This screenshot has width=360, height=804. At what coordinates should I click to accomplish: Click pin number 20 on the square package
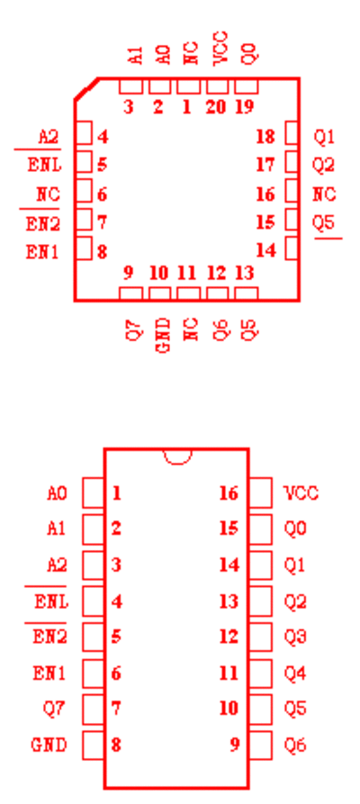tap(217, 106)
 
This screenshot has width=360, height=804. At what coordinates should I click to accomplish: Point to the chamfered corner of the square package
tap(86, 88)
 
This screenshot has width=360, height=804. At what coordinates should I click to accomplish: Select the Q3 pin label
tap(295, 637)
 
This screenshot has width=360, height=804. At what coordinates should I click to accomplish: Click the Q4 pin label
tap(295, 673)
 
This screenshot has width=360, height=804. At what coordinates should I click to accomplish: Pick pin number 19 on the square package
tap(245, 106)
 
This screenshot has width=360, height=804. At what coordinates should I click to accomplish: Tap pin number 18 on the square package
tap(265, 137)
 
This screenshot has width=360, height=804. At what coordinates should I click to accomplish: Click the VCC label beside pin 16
tap(301, 493)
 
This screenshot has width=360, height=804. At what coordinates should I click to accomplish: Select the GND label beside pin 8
tap(49, 745)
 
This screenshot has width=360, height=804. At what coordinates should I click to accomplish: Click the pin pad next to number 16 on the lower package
tap(260, 492)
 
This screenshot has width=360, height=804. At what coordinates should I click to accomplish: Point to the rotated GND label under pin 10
tap(162, 336)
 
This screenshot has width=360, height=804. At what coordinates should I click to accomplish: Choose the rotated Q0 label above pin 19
tap(248, 53)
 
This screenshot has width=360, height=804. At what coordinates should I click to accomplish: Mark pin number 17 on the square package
tap(265, 165)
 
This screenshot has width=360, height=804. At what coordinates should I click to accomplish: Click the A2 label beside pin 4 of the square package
tap(49, 137)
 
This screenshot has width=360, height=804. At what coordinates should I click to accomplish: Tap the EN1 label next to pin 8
tap(42, 252)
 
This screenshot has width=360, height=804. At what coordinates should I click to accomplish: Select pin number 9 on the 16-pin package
tap(234, 745)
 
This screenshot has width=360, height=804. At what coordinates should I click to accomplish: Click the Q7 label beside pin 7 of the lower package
tap(54, 709)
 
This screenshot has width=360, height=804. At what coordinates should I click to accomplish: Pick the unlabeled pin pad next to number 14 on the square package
tap(292, 248)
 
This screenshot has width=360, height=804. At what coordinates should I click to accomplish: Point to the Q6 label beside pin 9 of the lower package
tap(295, 745)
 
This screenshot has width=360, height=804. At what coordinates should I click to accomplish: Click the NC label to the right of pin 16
tap(324, 194)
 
